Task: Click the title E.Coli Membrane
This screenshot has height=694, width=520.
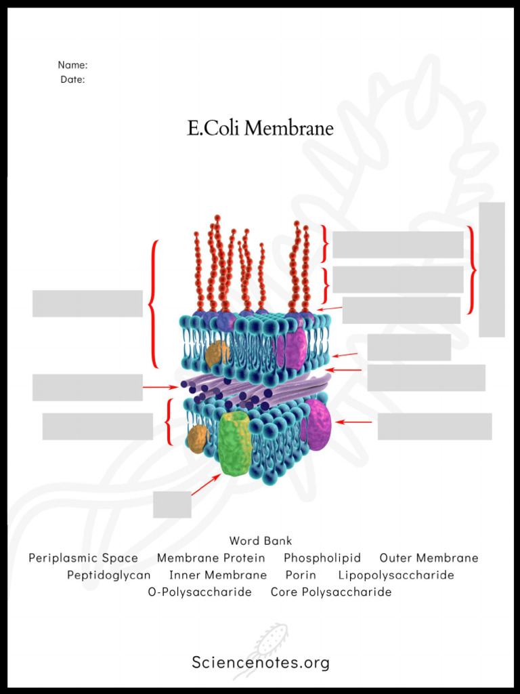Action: [260, 128]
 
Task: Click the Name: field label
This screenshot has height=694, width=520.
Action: [72, 65]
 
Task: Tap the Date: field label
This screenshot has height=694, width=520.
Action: [72, 79]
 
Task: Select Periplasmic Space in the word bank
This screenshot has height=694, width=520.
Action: [83, 558]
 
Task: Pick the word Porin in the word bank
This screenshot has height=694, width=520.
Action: [301, 575]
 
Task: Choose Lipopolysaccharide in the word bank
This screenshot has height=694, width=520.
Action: [396, 575]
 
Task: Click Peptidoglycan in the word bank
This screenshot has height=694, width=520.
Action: [109, 575]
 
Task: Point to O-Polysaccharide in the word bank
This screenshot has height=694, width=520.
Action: [200, 592]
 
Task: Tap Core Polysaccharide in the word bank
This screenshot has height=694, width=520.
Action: [331, 592]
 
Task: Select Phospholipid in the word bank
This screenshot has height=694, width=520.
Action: [322, 558]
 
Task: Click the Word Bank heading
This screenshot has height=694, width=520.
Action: [261, 541]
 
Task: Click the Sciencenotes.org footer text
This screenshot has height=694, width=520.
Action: [261, 662]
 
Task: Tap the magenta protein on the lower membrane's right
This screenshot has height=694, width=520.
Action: [317, 425]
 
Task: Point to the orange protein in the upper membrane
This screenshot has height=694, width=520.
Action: [217, 353]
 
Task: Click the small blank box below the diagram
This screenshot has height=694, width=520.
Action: [172, 504]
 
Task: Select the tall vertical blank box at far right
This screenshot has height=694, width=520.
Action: [492, 269]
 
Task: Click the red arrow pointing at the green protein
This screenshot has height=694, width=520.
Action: [206, 485]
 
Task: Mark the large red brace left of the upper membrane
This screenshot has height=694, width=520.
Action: [154, 304]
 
